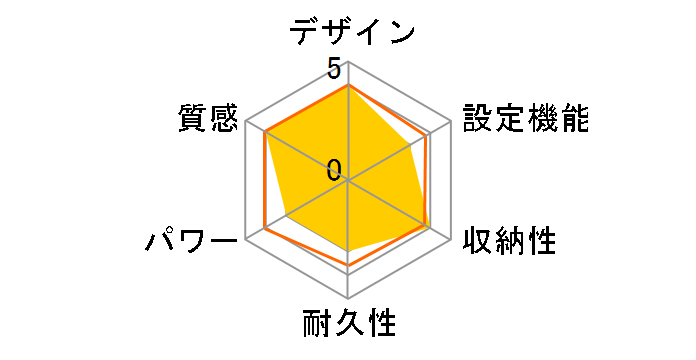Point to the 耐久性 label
tap(349, 325)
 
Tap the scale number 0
tap(334, 168)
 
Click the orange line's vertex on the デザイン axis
tap(348, 85)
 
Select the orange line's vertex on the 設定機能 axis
tap(427, 136)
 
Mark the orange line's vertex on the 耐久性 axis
tap(348, 265)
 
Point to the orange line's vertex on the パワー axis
tap(265, 228)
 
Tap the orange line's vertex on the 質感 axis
tap(265, 134)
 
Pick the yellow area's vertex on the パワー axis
tap(286, 216)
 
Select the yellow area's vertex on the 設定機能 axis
tap(416, 142)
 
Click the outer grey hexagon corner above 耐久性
tap(348, 299)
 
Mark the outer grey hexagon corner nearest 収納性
tap(451, 240)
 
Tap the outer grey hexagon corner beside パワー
tap(245, 240)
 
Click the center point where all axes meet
tap(348, 181)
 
